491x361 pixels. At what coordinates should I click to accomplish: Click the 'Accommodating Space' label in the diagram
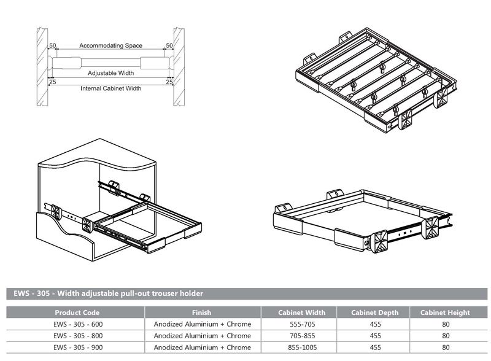tap(110, 46)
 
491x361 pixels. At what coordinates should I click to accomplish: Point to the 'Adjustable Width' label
tap(110, 72)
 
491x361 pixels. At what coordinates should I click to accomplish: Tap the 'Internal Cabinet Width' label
tap(110, 88)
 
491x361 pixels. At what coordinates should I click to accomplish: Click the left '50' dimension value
tap(53, 46)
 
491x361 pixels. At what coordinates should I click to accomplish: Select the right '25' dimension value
tap(169, 80)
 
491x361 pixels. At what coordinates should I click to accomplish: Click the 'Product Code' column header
tap(77, 312)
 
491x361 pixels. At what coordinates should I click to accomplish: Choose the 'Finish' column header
tap(201, 312)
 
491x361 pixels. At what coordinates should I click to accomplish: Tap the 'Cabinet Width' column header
tap(302, 312)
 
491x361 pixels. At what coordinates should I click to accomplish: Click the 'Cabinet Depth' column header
tap(376, 312)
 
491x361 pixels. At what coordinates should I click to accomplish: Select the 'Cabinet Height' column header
tap(446, 312)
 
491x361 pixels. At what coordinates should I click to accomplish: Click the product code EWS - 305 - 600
tap(77, 324)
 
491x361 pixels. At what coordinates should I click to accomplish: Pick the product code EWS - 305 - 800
tap(77, 336)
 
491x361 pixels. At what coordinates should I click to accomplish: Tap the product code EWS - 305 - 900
tap(77, 347)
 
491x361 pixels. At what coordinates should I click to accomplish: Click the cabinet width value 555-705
tap(302, 324)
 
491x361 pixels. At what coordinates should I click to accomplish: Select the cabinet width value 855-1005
tap(302, 347)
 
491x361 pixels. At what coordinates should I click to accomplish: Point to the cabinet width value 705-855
tap(302, 336)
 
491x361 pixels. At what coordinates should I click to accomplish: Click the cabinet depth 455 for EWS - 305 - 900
tap(376, 347)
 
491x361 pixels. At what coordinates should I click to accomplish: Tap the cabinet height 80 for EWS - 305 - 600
tap(446, 324)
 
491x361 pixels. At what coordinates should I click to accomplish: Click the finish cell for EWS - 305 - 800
tap(201, 336)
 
